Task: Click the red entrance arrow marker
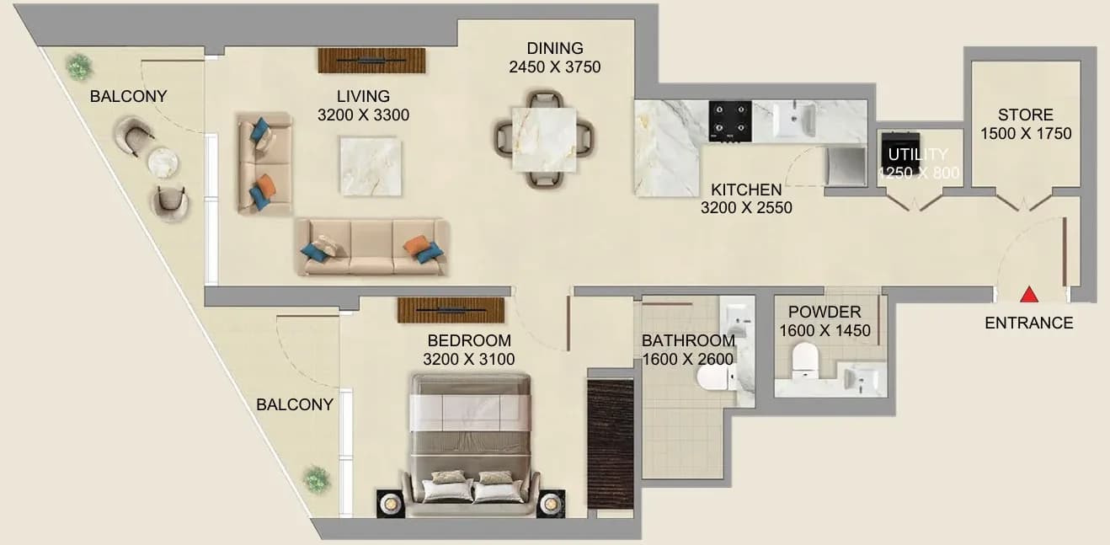pos(1029,294)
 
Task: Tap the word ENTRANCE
pos(1029,323)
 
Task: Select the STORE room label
pos(1025,115)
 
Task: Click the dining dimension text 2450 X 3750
pos(554,67)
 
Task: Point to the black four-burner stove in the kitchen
pos(730,121)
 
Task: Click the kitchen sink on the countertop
pos(794,120)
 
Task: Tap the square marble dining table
pos(544,140)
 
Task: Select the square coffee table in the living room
pos(371,166)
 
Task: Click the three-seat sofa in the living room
pos(371,247)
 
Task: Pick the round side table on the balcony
pos(163,162)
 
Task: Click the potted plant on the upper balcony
pos(79,67)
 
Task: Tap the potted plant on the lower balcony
pos(317,478)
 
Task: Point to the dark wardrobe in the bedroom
pos(611,444)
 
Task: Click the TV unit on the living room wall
pos(371,61)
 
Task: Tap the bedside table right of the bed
pos(551,504)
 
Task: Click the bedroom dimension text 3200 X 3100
pos(469,359)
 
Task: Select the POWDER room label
pos(824,313)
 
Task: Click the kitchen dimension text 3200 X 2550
pos(746,207)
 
